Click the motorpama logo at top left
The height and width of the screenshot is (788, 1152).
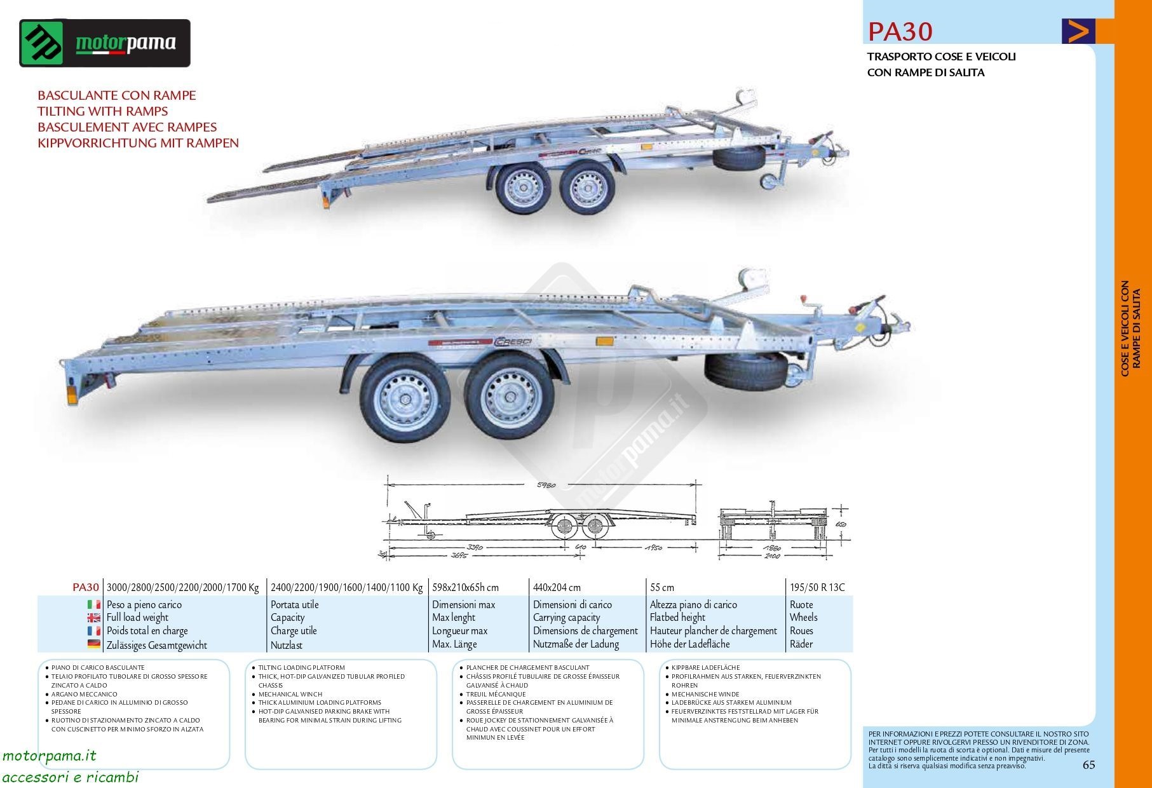point(105,43)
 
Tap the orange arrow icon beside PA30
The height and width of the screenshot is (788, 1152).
point(1078,31)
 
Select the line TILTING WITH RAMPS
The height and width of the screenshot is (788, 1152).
point(102,111)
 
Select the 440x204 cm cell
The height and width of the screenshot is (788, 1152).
point(557,588)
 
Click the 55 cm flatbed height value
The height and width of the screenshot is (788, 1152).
point(661,588)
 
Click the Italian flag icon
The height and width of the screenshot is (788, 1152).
point(94,604)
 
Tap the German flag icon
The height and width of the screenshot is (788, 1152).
point(94,644)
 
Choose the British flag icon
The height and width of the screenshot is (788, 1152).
point(94,618)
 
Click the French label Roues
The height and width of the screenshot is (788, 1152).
point(801,631)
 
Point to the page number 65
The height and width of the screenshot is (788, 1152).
point(1088,765)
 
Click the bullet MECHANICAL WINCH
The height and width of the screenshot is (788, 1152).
point(290,694)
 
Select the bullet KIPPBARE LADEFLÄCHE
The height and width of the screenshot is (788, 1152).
point(705,668)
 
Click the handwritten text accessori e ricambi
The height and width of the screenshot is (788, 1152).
point(71,777)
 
